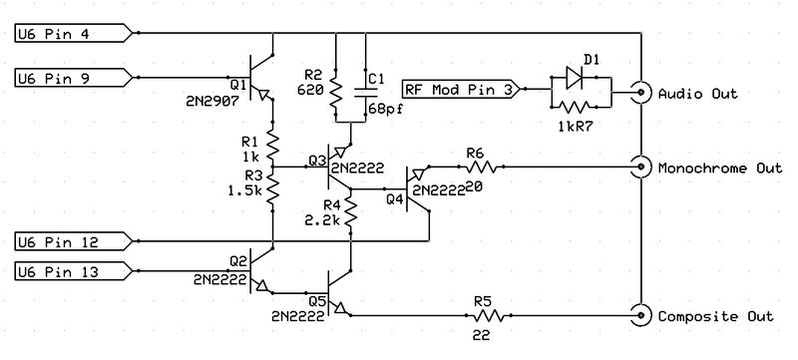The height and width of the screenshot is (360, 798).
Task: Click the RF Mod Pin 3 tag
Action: coord(458,88)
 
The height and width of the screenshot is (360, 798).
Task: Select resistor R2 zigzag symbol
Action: coord(337,91)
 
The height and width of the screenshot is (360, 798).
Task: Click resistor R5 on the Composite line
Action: coord(483,314)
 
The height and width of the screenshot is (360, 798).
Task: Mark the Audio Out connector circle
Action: coord(637,94)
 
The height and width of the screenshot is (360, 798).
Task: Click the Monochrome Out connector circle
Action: coord(637,167)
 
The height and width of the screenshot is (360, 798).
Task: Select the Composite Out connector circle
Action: coord(637,315)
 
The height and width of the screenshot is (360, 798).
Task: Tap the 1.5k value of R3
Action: coord(243,188)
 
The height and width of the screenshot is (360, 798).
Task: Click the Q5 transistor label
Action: coord(318,299)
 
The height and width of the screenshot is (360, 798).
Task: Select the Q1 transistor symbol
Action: coord(261,75)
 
